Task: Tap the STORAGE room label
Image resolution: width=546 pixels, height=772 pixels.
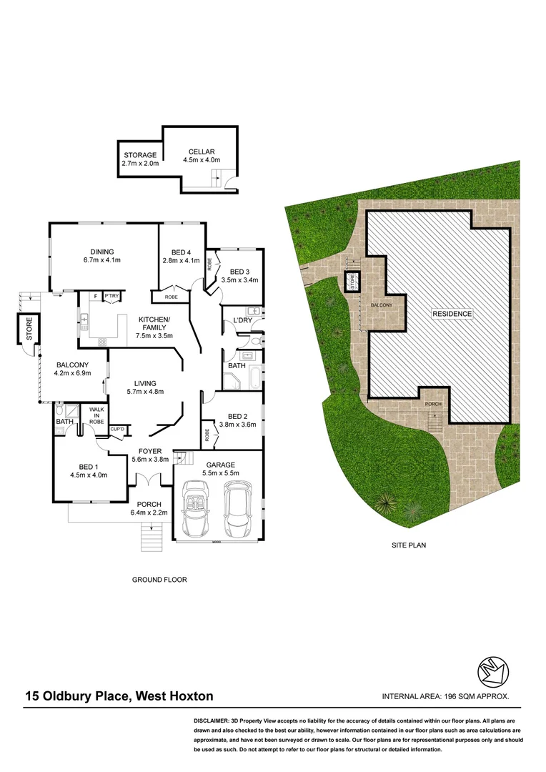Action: click(x=140, y=155)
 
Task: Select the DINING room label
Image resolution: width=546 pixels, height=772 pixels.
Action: click(x=102, y=251)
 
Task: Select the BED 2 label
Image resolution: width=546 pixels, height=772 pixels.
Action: click(x=237, y=417)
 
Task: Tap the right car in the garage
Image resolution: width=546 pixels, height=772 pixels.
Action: click(x=237, y=508)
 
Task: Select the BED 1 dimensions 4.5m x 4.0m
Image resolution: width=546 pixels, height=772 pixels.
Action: click(x=89, y=474)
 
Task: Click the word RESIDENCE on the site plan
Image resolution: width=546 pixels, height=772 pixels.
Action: click(x=452, y=314)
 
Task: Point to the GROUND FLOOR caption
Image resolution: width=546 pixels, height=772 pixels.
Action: click(x=159, y=580)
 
